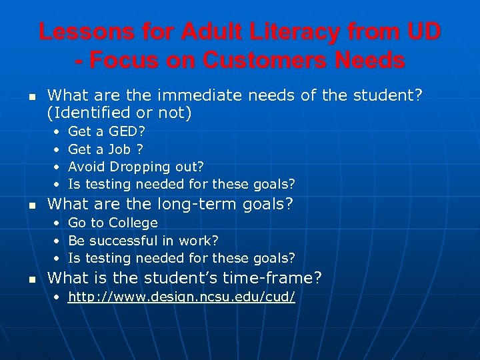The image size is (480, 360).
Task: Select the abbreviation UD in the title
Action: point(419,31)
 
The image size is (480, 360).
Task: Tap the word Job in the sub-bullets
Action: point(119,149)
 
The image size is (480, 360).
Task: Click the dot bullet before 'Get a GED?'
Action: point(57,132)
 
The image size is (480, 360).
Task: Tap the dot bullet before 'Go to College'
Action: point(57,223)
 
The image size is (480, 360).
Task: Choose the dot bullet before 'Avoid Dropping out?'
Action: point(57,167)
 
